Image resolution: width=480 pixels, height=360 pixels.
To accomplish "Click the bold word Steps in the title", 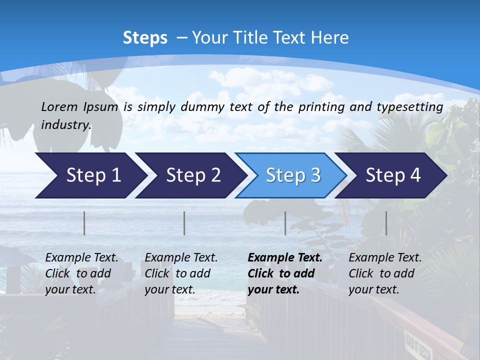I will coord(145,37).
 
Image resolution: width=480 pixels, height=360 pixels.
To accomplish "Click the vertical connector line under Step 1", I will coord(84,223).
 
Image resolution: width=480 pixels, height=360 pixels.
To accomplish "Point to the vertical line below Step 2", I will coord(184,223).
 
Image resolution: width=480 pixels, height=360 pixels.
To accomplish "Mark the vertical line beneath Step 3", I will coord(285,223).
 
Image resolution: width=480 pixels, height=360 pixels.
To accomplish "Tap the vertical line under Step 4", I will coord(386,223).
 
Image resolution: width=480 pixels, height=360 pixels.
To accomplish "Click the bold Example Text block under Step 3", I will coord(285,273).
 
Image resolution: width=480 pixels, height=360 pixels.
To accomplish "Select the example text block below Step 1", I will coord(81,273).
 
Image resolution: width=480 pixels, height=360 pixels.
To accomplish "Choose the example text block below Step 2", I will coord(181,273).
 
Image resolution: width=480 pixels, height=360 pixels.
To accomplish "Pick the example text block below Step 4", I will coord(385,273).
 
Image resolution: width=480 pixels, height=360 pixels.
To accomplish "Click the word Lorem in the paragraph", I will coord(59,106).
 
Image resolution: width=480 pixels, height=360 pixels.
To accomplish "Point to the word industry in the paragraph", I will coord(66,124).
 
